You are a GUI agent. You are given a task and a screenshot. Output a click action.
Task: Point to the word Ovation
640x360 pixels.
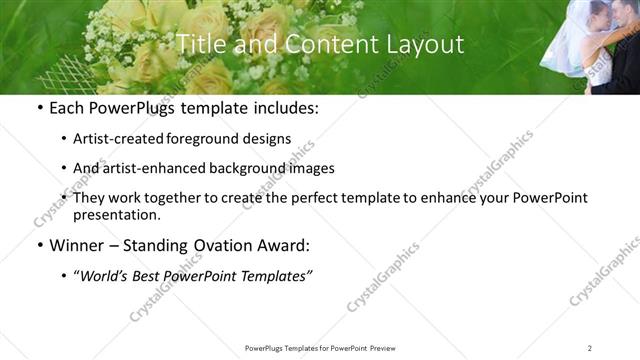[x=226, y=246]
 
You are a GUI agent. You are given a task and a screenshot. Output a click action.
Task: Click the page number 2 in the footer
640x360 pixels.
[x=590, y=348]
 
